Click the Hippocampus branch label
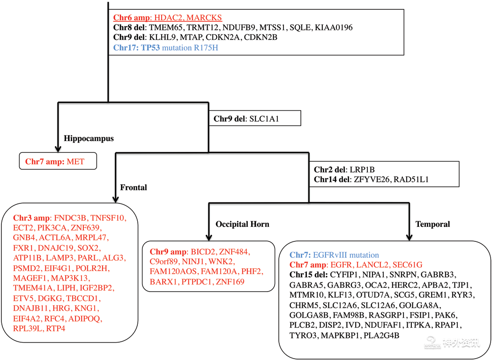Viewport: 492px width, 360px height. tap(89, 139)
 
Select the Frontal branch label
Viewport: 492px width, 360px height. tap(134, 187)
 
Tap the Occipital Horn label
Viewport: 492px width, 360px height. tap(242, 224)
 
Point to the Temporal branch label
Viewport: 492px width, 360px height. tap(432, 224)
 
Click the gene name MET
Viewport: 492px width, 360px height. tap(75, 162)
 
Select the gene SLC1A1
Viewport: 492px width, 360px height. tap(264, 119)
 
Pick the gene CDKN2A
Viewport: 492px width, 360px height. tap(223, 37)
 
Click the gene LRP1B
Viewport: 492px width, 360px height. tap(362, 170)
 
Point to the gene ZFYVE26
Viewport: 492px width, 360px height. tap(372, 180)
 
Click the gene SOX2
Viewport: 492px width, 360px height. tap(88, 248)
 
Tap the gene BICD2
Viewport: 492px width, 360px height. tap(203, 252)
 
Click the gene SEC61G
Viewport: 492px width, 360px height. tap(407, 264)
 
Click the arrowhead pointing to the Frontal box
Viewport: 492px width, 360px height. tap(115, 199)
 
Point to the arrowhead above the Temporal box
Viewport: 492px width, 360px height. tap(409, 237)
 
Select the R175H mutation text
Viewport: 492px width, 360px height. tap(206, 48)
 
